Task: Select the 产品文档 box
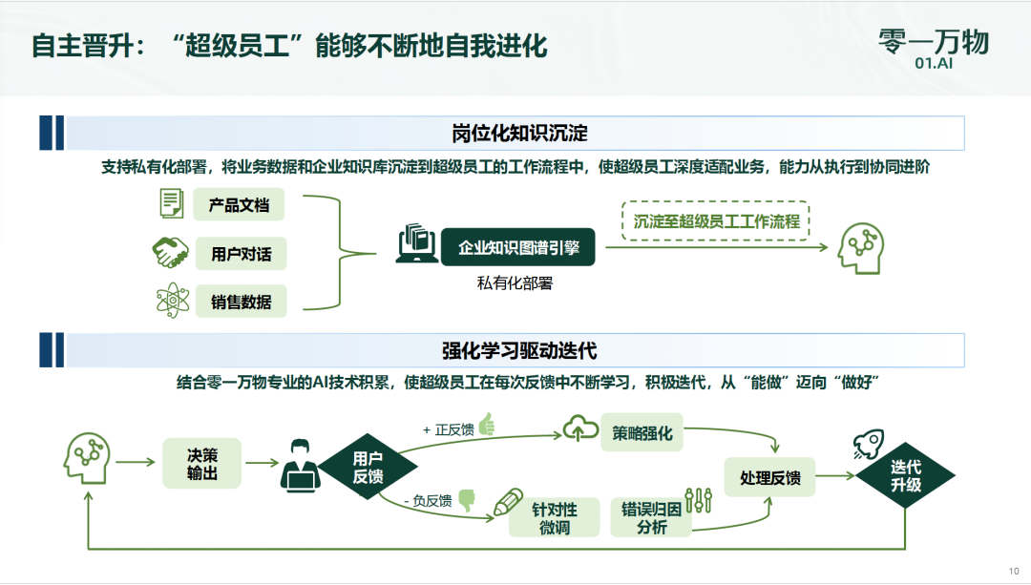[240, 205]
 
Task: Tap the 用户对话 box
[240, 254]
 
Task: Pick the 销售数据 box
[240, 302]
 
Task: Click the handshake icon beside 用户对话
[171, 253]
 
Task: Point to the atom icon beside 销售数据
[172, 302]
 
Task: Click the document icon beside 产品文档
[172, 203]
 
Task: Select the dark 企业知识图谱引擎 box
[517, 247]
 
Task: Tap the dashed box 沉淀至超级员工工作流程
[715, 220]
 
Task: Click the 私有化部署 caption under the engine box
[515, 282]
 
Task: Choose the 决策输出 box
[202, 463]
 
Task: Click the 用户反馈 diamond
[368, 467]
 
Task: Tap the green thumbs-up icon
[487, 425]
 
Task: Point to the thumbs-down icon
[467, 498]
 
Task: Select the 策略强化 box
[642, 433]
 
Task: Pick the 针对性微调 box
[555, 517]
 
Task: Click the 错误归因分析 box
[651, 517]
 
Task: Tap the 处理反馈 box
[770, 476]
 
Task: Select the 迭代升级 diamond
[906, 476]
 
